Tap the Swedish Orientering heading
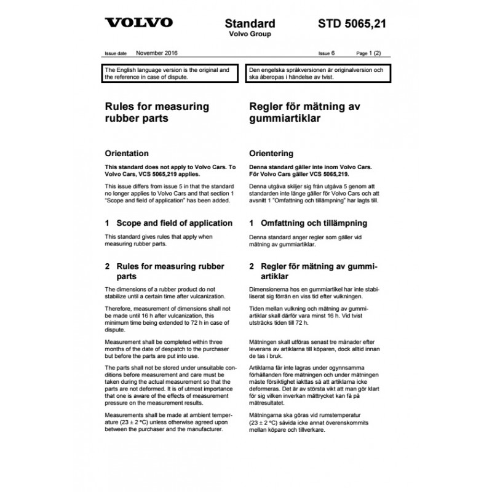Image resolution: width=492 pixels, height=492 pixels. click(271, 153)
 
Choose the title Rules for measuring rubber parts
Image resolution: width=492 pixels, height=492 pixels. click(157, 112)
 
